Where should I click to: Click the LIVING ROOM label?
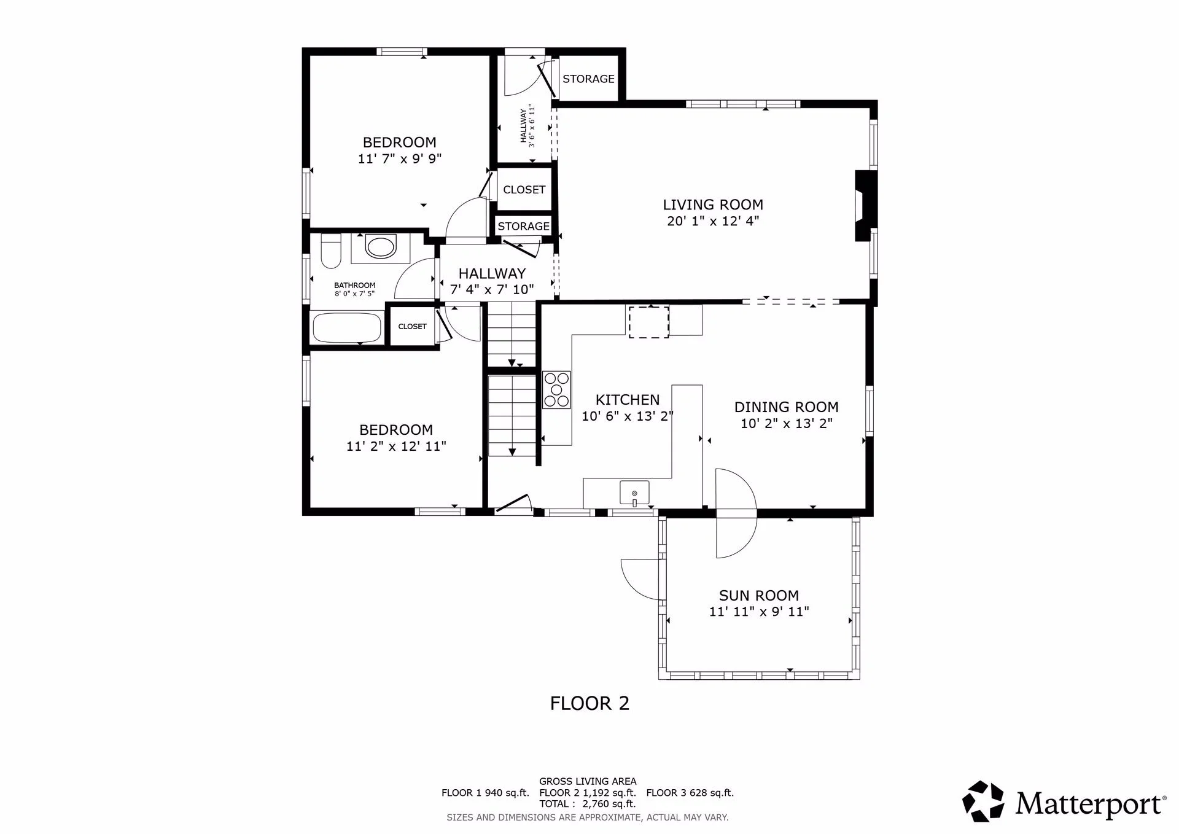[713, 205]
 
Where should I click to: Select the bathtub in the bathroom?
[347, 328]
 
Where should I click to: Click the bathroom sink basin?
[381, 248]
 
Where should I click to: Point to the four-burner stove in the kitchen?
[556, 390]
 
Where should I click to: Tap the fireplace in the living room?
[866, 206]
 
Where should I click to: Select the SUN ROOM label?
[759, 595]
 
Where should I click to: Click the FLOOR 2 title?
[589, 703]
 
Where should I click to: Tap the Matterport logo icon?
[983, 801]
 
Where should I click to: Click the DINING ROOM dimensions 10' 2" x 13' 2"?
[787, 423]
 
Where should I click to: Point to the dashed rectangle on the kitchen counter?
[648, 322]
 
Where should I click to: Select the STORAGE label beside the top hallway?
[588, 79]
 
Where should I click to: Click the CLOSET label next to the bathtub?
[412, 326]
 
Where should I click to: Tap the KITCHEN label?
[628, 400]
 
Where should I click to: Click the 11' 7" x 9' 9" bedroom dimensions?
[400, 158]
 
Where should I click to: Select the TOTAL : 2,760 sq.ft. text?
[588, 804]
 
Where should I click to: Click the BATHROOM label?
[354, 285]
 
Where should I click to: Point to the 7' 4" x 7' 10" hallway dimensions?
[492, 289]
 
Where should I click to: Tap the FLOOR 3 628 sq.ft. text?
[690, 793]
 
